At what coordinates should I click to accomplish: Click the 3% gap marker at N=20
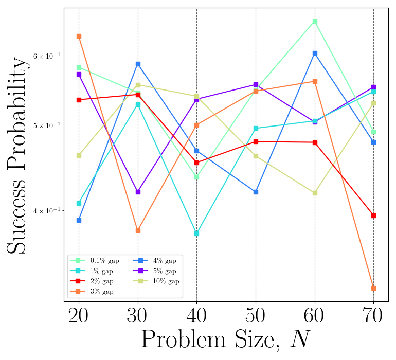(79, 36)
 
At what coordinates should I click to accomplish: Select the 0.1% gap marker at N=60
(315, 21)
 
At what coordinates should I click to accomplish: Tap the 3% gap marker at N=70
(373, 288)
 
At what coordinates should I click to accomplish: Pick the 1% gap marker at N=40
(196, 233)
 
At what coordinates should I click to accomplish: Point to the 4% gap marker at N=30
(138, 64)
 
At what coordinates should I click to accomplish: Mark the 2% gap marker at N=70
(373, 215)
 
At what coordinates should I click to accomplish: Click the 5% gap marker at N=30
(138, 192)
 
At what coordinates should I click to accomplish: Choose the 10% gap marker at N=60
(315, 193)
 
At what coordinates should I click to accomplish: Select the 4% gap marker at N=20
(79, 220)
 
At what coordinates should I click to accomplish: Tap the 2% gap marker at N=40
(196, 163)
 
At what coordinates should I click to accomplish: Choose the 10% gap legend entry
(156, 281)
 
